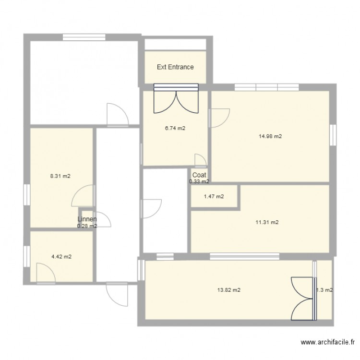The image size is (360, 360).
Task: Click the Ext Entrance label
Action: (175, 67)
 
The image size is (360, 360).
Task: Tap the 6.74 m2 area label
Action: (175, 129)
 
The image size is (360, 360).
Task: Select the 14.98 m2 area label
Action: (270, 136)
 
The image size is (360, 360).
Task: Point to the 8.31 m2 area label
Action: (60, 176)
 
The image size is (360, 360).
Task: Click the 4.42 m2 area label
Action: (61, 257)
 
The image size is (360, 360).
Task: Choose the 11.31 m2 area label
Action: (267, 222)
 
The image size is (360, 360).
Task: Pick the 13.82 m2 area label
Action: (229, 290)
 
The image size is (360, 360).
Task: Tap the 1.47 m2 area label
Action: (214, 196)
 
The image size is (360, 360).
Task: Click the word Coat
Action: (199, 175)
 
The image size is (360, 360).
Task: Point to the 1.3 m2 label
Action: (324, 290)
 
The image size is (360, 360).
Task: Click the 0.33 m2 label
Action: (199, 181)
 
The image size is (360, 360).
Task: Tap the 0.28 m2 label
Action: (87, 226)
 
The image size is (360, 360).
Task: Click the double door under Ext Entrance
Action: (176, 99)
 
